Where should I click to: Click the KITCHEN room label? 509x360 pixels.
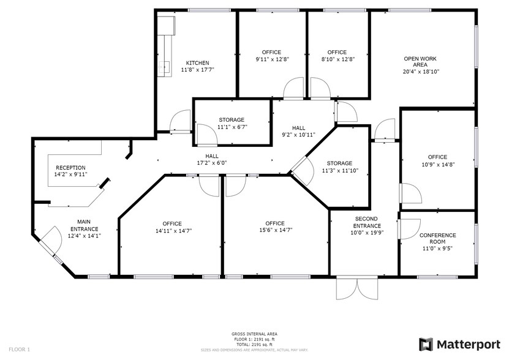coord(198,63)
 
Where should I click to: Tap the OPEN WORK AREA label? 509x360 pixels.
coord(420,62)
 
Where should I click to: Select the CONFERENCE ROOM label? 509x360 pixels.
coord(437,239)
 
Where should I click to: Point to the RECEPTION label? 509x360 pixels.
coord(70,168)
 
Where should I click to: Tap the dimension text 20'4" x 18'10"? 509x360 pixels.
coord(420,72)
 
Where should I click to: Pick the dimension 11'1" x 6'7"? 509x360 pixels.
coord(232,127)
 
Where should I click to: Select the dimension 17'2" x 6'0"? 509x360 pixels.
coord(212,163)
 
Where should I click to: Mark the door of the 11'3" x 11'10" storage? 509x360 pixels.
coord(298,167)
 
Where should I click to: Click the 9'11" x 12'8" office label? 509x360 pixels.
coord(271,52)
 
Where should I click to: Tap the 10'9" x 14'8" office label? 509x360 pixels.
coord(437,157)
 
